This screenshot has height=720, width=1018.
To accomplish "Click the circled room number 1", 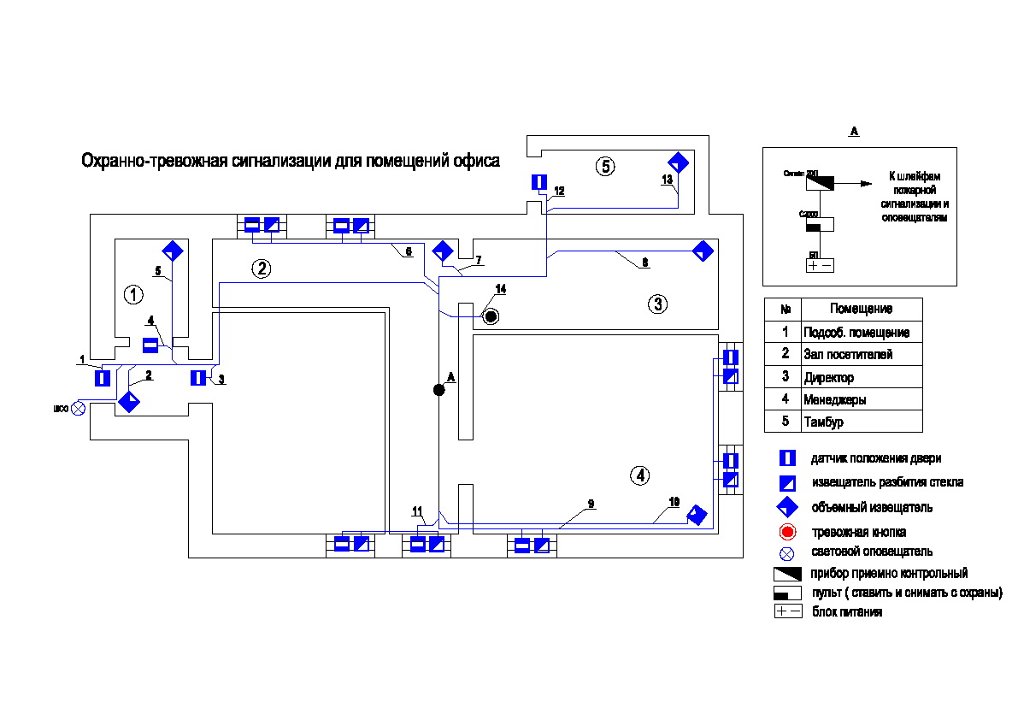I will coord(133,295).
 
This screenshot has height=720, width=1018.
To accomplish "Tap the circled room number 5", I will coord(605,166).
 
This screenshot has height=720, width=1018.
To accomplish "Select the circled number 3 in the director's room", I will coord(656,304).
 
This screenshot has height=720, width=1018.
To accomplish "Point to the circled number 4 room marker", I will coord(639,475).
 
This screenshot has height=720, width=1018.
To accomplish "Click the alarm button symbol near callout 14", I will coord(491,317).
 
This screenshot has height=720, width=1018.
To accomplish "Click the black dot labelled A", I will coord(438,390).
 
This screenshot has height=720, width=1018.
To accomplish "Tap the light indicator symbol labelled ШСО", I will coord(79,408).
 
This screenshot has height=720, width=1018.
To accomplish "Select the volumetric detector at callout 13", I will coord(678,162).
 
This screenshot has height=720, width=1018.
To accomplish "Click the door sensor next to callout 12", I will coord(538,182).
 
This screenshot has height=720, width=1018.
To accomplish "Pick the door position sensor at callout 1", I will coord(103,377).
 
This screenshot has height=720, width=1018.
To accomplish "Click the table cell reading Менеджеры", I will coord(835,399).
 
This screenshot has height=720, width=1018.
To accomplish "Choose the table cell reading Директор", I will coord(828,377).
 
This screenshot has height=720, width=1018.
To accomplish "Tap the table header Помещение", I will coord(861,309).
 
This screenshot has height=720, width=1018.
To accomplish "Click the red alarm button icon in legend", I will coord(787,532).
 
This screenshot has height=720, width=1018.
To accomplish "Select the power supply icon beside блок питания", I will coord(787,611).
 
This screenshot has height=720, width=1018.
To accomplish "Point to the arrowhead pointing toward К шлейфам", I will coord(867,182).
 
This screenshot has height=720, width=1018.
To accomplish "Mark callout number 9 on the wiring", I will coord(590,504).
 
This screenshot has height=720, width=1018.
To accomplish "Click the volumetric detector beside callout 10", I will coord(697,515).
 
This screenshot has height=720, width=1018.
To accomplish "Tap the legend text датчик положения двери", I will coord(876,459).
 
